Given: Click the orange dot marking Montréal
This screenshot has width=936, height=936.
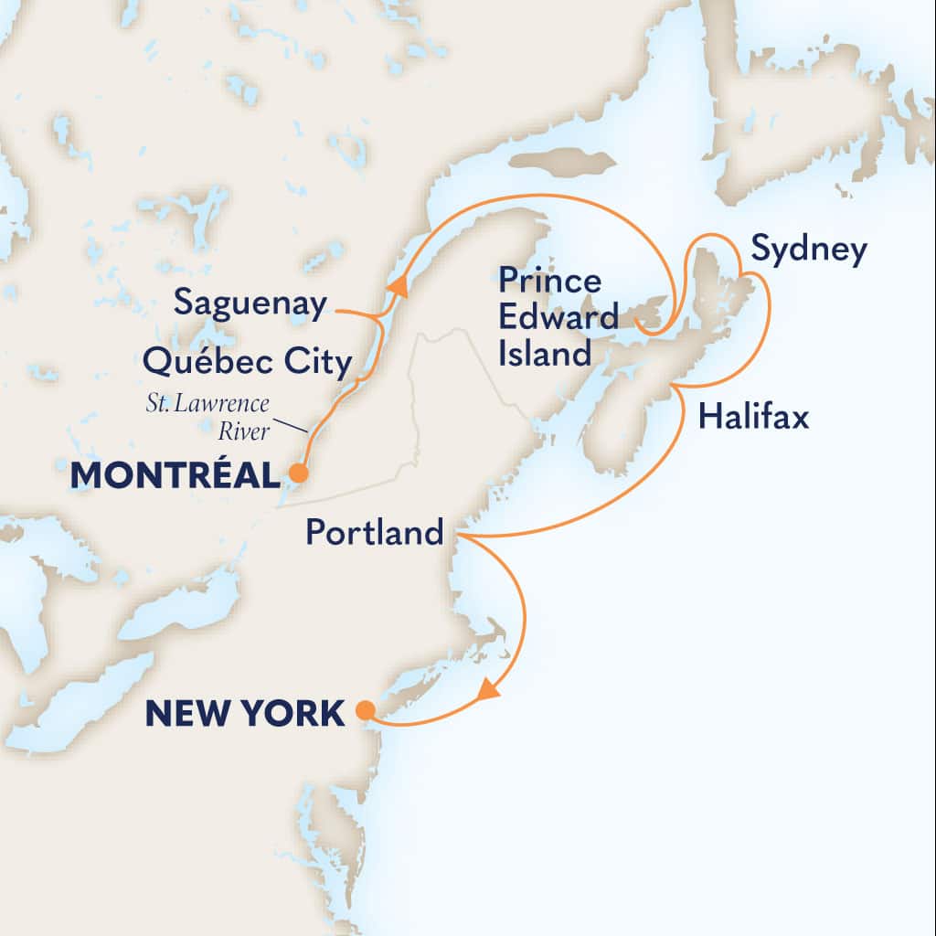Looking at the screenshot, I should tap(297, 473).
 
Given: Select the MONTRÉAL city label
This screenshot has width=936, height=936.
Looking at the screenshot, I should tap(173, 474).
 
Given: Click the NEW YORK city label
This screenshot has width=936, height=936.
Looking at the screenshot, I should tap(245, 712).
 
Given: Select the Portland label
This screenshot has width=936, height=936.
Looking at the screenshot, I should tap(375, 532).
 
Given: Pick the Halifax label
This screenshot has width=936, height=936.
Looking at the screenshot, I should tap(753, 418).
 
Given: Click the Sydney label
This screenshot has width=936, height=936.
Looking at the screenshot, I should tap(808, 250).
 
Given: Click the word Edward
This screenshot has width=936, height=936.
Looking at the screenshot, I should tap(558, 316).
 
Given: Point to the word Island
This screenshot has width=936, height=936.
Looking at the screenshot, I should tap(546, 353).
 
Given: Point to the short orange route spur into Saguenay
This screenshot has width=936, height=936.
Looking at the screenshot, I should tap(358, 314).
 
